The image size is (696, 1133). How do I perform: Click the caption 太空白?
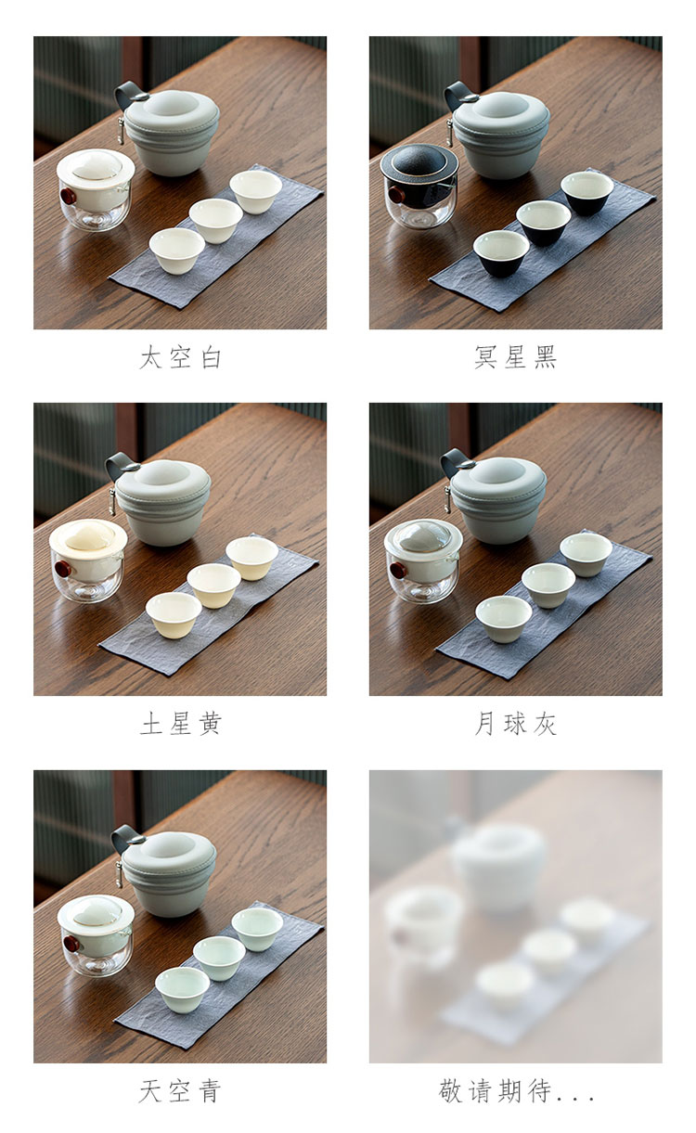181,357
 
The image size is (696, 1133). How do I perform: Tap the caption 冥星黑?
515,357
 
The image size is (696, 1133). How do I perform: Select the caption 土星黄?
181,724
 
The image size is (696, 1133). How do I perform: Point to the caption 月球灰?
515,724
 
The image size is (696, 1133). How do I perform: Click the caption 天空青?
181,1090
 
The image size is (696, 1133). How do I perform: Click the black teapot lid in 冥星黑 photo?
419,161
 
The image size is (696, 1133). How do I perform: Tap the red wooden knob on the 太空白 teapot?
67,196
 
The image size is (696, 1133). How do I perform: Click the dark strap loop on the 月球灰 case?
454,461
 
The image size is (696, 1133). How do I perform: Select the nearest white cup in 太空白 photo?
176,251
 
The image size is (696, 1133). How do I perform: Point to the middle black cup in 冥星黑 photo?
543,223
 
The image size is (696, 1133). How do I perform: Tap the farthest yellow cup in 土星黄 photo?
251,558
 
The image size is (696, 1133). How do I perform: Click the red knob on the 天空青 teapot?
71,944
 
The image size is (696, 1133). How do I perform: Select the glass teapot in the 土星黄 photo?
88,560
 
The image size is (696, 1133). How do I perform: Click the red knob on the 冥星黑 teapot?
396,195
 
